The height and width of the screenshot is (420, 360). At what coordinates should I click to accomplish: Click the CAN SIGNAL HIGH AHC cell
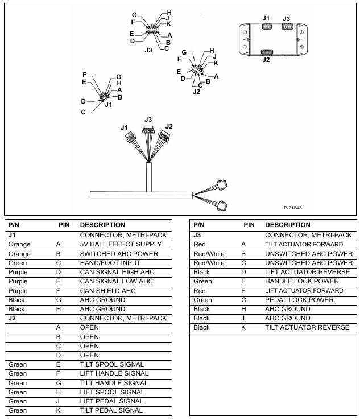coord(117,272)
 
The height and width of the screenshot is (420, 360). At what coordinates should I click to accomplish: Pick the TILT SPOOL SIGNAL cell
coord(111,364)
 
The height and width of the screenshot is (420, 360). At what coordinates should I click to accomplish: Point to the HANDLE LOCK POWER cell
coord(301,281)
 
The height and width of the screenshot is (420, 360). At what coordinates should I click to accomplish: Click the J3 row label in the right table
coord(197,236)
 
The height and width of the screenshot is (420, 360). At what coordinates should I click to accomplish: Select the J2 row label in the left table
coord(11,318)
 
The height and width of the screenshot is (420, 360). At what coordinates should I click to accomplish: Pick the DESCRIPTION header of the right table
coord(288,225)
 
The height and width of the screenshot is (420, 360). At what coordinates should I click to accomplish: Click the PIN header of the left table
coord(64,225)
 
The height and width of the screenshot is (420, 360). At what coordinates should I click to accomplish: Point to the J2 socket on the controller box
coord(266,52)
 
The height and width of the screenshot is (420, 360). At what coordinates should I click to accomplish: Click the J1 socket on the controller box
coord(266,28)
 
